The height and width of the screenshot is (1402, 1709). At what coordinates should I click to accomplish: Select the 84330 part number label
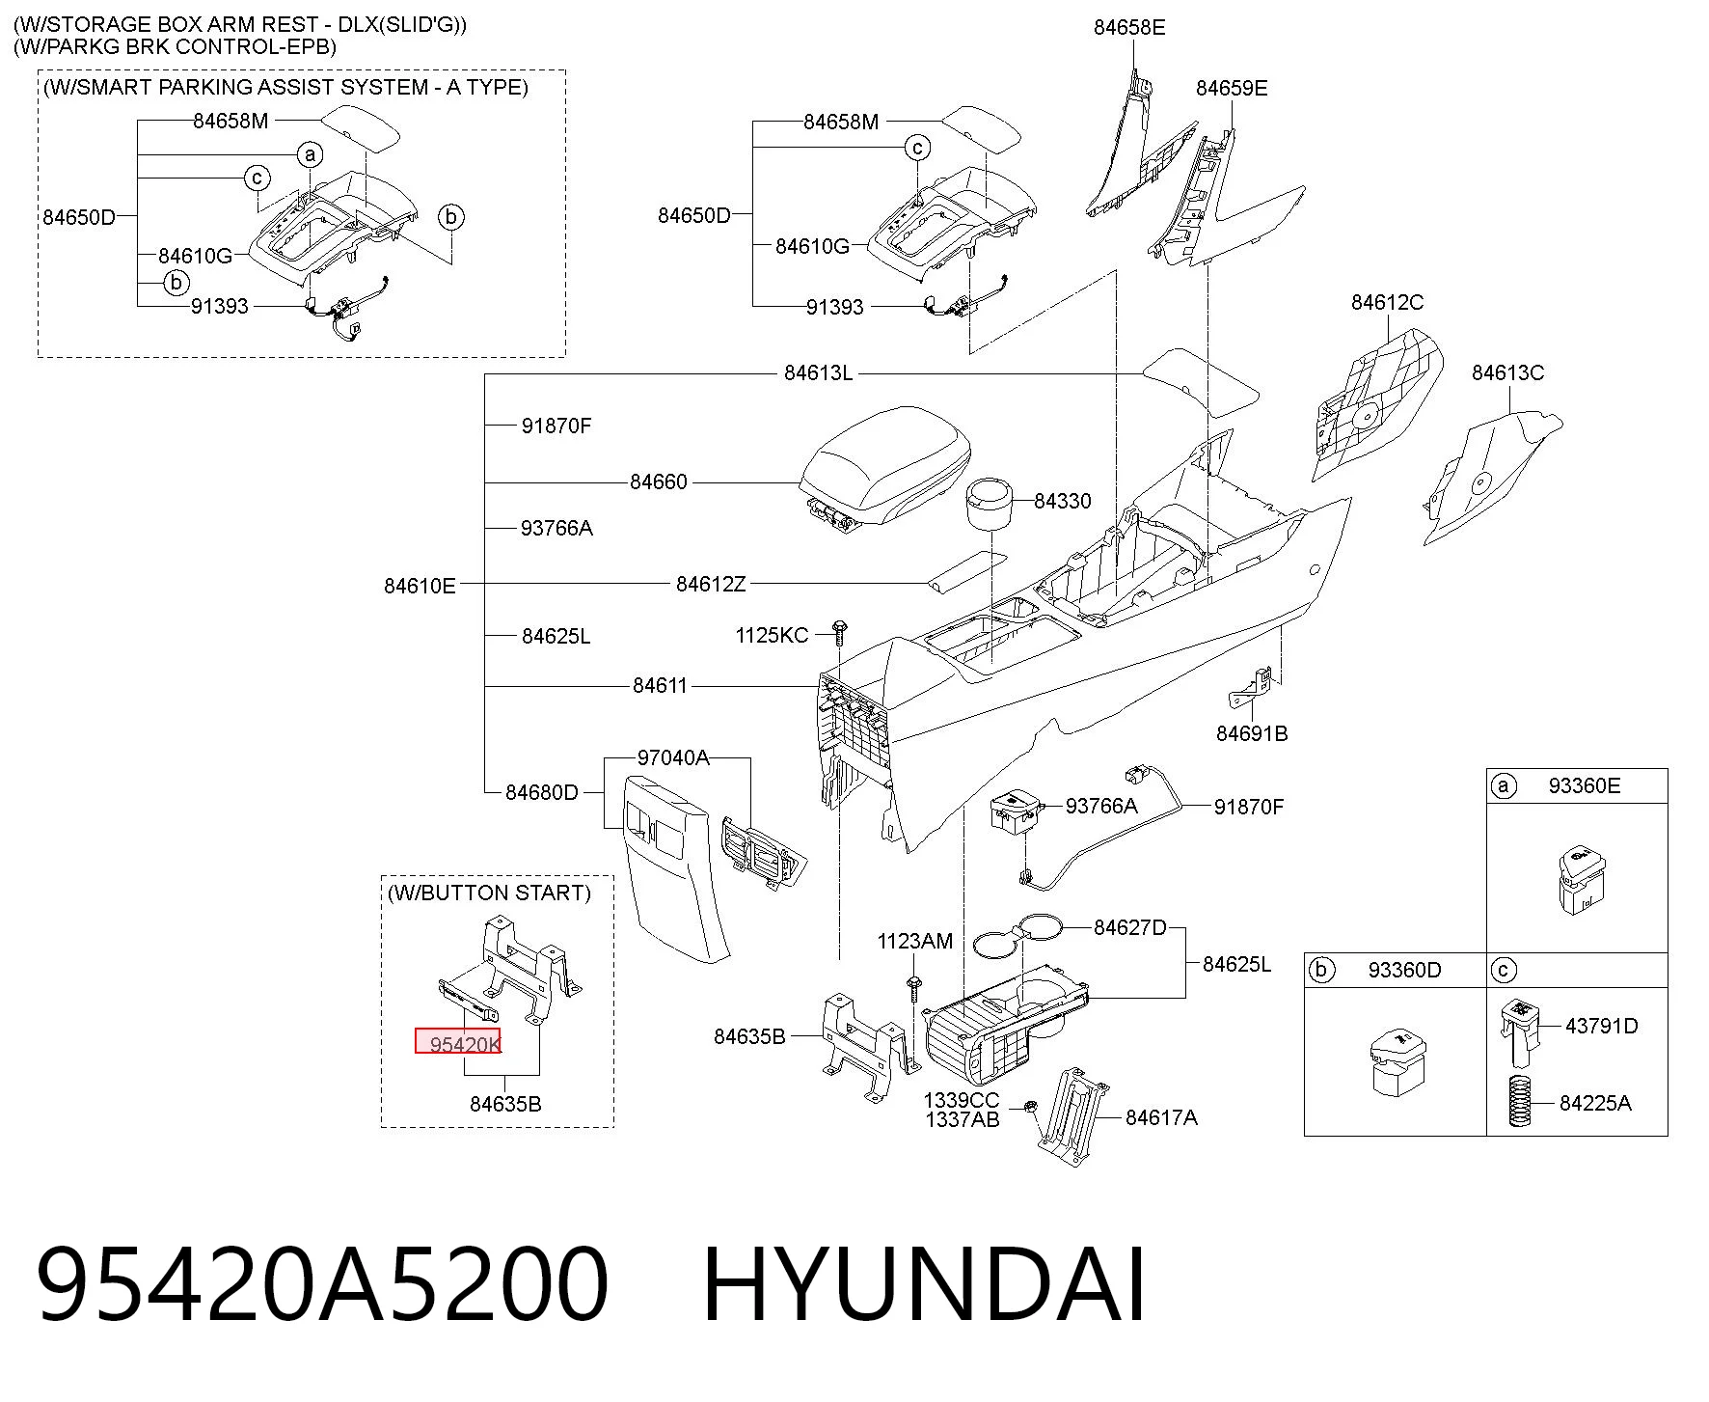[1062, 501]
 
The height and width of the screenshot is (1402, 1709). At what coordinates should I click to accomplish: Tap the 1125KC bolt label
[772, 635]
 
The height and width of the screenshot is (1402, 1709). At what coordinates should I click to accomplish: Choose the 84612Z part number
[711, 584]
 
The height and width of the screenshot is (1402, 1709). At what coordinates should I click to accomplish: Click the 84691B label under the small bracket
[1252, 733]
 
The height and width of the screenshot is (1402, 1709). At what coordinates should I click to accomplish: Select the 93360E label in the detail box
[1585, 786]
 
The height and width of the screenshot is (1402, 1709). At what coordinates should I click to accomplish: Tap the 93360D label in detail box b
[1404, 970]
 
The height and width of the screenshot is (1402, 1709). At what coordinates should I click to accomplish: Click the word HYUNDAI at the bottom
[925, 1284]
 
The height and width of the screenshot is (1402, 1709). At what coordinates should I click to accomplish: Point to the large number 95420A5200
[322, 1284]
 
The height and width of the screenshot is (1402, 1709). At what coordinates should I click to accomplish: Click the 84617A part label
[1161, 1117]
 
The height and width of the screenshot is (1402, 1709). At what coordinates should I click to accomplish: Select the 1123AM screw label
[914, 941]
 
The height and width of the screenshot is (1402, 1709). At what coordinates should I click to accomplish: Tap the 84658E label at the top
[1129, 28]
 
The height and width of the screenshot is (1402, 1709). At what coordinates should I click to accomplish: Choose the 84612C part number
[1387, 303]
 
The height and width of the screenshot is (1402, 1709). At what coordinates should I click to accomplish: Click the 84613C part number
[1507, 372]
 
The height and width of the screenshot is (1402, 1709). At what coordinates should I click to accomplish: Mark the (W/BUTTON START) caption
[489, 893]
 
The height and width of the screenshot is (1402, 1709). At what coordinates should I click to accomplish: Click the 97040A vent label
[673, 758]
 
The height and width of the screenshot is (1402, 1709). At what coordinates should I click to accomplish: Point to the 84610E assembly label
[420, 586]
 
